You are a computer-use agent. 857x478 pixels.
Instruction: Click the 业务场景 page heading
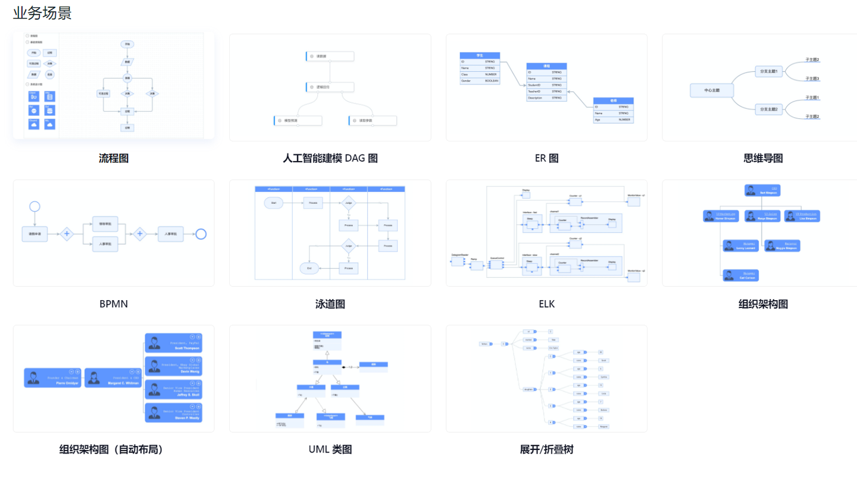42,13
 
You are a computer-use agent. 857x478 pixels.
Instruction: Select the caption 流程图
114,158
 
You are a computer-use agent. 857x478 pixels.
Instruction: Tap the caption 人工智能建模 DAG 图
330,158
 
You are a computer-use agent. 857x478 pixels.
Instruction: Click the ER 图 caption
546,158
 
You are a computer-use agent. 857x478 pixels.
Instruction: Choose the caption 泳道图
330,304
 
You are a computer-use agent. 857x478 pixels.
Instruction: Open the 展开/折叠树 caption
546,449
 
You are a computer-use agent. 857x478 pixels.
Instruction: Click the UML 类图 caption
330,449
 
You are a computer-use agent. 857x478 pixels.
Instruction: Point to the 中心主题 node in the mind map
712,90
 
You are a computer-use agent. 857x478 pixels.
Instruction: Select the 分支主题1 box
769,71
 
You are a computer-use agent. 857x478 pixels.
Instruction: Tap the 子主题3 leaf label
812,78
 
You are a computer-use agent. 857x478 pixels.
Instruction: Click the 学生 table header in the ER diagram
480,55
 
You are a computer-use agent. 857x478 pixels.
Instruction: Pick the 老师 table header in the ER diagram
613,100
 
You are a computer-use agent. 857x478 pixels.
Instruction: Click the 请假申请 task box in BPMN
39,234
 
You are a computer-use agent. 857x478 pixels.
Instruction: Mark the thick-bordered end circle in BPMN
201,234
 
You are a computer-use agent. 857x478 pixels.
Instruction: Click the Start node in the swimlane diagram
273,203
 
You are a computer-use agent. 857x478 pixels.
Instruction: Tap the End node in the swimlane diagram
309,269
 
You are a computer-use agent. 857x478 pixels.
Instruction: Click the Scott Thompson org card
173,343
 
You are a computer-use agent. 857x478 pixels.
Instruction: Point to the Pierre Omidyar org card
52,378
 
